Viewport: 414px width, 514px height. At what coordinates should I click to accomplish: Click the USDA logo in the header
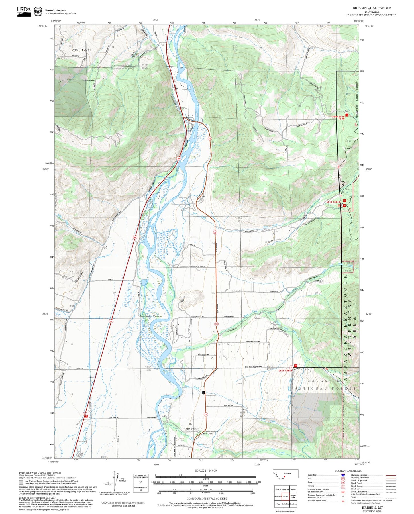pos(24,11)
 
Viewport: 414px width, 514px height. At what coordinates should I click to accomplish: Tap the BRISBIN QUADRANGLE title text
pos(372,8)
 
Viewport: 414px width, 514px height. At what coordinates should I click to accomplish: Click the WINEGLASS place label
pos(81,50)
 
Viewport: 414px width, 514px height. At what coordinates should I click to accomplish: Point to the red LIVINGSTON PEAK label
pos(338,118)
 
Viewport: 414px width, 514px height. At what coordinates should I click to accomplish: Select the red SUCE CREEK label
pos(333,202)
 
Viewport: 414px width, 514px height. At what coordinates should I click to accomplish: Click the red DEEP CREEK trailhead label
pos(285,370)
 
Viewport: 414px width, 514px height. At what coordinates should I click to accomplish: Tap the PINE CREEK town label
pos(192,429)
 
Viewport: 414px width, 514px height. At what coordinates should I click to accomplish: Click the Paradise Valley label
pos(150,316)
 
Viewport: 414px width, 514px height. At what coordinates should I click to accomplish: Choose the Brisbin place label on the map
pos(91,378)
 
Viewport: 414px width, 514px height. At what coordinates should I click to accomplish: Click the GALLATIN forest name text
pos(323,381)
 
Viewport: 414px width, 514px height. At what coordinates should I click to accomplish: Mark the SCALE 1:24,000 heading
pos(205,470)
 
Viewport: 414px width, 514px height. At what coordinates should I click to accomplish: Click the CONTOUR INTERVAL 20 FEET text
pos(205,499)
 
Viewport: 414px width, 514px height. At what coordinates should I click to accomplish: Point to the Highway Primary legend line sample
pos(391,475)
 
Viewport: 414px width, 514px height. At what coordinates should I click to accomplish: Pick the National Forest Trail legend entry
pos(317,501)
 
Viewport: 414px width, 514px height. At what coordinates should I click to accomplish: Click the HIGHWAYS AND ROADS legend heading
pos(349,471)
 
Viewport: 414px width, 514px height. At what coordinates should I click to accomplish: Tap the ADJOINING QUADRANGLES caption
pos(285,511)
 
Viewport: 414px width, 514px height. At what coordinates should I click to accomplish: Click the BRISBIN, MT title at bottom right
pos(372,507)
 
